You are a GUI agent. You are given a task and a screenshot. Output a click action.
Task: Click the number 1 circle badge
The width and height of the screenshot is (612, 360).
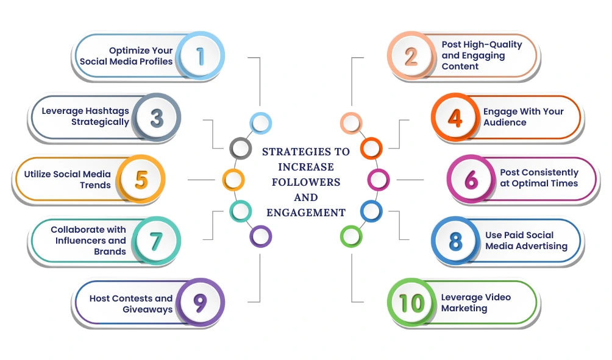click(201, 56)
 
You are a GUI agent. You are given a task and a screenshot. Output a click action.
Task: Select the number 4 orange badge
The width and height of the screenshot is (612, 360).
click(455, 118)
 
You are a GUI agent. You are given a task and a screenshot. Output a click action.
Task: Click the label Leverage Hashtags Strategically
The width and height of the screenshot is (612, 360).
click(85, 116)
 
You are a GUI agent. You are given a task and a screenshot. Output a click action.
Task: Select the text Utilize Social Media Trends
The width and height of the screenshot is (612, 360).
click(68, 180)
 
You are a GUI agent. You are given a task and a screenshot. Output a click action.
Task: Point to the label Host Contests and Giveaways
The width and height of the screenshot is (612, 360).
click(131, 304)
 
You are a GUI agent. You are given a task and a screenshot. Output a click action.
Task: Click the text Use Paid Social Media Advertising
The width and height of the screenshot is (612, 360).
click(526, 241)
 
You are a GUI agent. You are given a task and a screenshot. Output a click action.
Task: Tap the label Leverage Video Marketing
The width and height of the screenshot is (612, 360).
click(476, 303)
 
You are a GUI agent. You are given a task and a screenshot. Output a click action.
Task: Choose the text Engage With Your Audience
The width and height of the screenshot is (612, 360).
click(523, 117)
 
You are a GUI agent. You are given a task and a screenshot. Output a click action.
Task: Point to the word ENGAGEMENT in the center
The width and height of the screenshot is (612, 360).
click(306, 213)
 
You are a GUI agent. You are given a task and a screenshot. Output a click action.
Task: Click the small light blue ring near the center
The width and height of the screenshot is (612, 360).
click(260, 123)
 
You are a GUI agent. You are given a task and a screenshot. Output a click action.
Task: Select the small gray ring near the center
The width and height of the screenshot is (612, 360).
click(240, 147)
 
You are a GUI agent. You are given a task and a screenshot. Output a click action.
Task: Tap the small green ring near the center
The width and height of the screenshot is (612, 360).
click(350, 236)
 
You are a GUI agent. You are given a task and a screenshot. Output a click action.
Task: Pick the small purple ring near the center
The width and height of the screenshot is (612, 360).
click(261, 236)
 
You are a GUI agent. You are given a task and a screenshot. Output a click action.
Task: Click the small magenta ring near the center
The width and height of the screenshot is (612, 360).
click(379, 180)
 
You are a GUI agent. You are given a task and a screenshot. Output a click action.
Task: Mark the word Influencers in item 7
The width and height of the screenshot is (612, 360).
click(81, 241)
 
